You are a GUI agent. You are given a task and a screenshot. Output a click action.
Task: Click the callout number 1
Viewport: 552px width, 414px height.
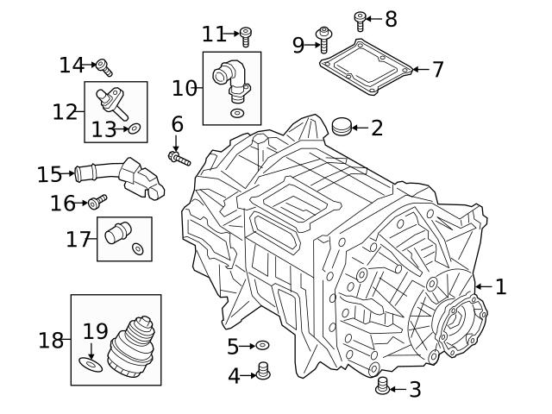[500, 286]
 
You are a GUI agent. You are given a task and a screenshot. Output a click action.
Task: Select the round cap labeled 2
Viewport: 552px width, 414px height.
[343, 128]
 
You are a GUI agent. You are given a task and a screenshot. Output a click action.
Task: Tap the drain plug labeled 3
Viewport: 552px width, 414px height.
[383, 388]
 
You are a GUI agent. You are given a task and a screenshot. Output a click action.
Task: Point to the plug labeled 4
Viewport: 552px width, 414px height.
[264, 373]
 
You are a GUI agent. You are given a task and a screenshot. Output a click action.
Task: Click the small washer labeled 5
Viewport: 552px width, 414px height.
[264, 346]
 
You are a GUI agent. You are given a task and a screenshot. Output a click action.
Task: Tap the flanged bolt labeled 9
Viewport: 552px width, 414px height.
[326, 40]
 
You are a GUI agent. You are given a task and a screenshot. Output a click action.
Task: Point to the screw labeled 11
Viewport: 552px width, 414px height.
[246, 36]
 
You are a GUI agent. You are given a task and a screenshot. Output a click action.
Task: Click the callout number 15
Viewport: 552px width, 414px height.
[49, 175]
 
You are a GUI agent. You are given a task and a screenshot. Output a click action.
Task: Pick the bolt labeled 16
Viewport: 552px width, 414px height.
[96, 202]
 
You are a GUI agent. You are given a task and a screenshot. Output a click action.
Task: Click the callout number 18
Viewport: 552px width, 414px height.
[51, 340]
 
